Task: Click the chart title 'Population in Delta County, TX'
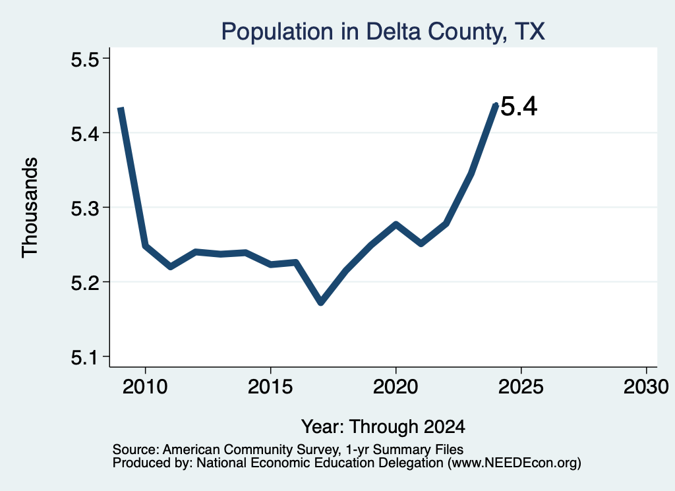[383, 32]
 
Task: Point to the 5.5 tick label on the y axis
[85, 60]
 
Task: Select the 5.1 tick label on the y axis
[85, 357]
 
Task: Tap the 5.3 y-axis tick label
[85, 209]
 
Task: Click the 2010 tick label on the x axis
[145, 386]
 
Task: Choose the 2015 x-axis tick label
[270, 386]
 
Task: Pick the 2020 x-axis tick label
[396, 386]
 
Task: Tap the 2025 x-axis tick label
[521, 386]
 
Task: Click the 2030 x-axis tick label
[646, 386]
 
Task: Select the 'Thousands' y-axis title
[30, 208]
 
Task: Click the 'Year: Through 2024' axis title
[383, 426]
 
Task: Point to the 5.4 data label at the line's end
[519, 106]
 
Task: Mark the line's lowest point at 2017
[321, 303]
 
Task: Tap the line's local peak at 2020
[396, 224]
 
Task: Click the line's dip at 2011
[171, 267]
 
